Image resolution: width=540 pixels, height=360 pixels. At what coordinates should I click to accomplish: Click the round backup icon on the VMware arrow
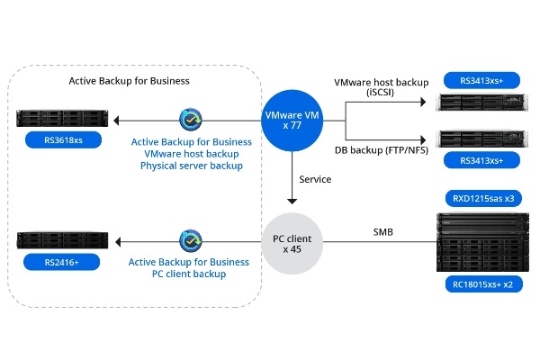click(191, 120)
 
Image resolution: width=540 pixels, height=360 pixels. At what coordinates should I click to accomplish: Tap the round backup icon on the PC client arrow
click(191, 240)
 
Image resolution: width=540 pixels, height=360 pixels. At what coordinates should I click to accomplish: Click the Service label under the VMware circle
click(314, 179)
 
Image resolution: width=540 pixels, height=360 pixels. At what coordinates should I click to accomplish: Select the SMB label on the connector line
click(382, 232)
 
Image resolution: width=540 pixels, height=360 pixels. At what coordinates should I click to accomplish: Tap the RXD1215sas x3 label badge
click(482, 196)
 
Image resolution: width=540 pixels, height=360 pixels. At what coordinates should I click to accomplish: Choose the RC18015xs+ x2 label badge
click(482, 285)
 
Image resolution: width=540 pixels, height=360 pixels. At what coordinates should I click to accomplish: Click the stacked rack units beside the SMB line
click(482, 241)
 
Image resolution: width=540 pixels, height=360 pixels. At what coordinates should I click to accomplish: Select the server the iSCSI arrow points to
click(482, 102)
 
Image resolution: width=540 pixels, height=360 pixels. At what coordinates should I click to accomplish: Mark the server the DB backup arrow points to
click(482, 139)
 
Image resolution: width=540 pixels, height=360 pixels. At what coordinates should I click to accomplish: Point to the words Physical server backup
click(191, 165)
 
